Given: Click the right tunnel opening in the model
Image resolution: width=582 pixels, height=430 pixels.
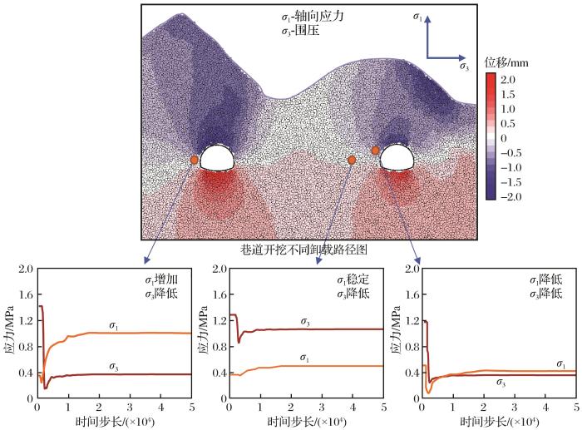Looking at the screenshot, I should coord(397,156).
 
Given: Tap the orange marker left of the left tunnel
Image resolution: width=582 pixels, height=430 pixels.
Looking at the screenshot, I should coord(195,160).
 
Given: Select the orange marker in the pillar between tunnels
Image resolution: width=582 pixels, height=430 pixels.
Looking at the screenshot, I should coord(352,160).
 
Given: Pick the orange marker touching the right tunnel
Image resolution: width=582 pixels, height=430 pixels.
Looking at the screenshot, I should coord(376,151).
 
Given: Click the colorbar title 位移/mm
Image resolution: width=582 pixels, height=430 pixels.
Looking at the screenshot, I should coord(507,62).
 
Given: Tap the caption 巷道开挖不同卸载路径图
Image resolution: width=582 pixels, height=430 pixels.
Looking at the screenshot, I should coord(303,249).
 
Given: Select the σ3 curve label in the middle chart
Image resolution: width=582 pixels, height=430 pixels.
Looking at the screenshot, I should coord(305,322).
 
